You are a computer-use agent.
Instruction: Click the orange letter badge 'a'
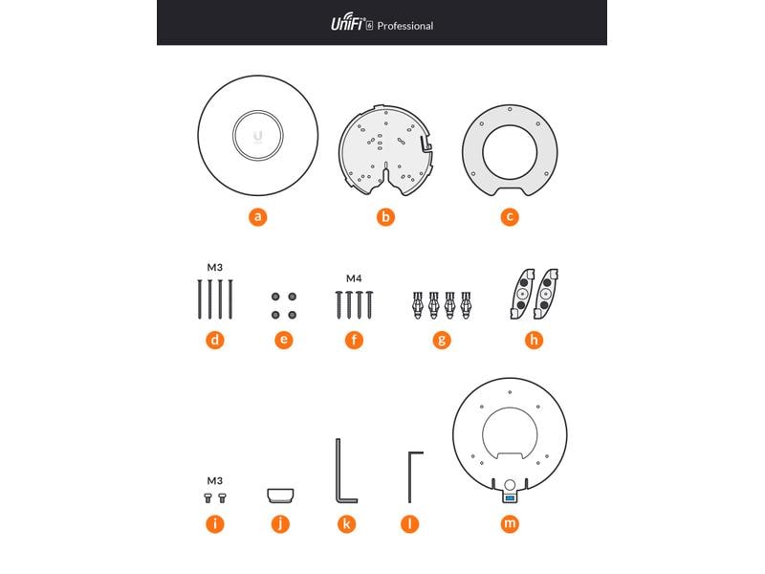[257, 216]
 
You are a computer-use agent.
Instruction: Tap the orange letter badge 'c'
[510, 216]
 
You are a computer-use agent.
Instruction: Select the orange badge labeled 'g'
[441, 339]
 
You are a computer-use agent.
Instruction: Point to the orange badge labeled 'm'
[510, 523]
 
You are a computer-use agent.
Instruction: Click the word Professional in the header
[404, 26]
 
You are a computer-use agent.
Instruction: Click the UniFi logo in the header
[350, 25]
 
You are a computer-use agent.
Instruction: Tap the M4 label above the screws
[354, 278]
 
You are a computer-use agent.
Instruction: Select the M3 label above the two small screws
[215, 480]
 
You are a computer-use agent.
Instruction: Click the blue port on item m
[510, 497]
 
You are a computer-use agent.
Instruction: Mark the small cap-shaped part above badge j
[279, 495]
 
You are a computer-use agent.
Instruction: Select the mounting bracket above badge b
[384, 151]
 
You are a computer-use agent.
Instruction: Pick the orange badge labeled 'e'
[283, 339]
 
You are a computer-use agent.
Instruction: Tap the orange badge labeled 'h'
[534, 339]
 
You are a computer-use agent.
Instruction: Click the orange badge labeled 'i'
[215, 523]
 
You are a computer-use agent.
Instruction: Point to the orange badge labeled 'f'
[354, 339]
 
